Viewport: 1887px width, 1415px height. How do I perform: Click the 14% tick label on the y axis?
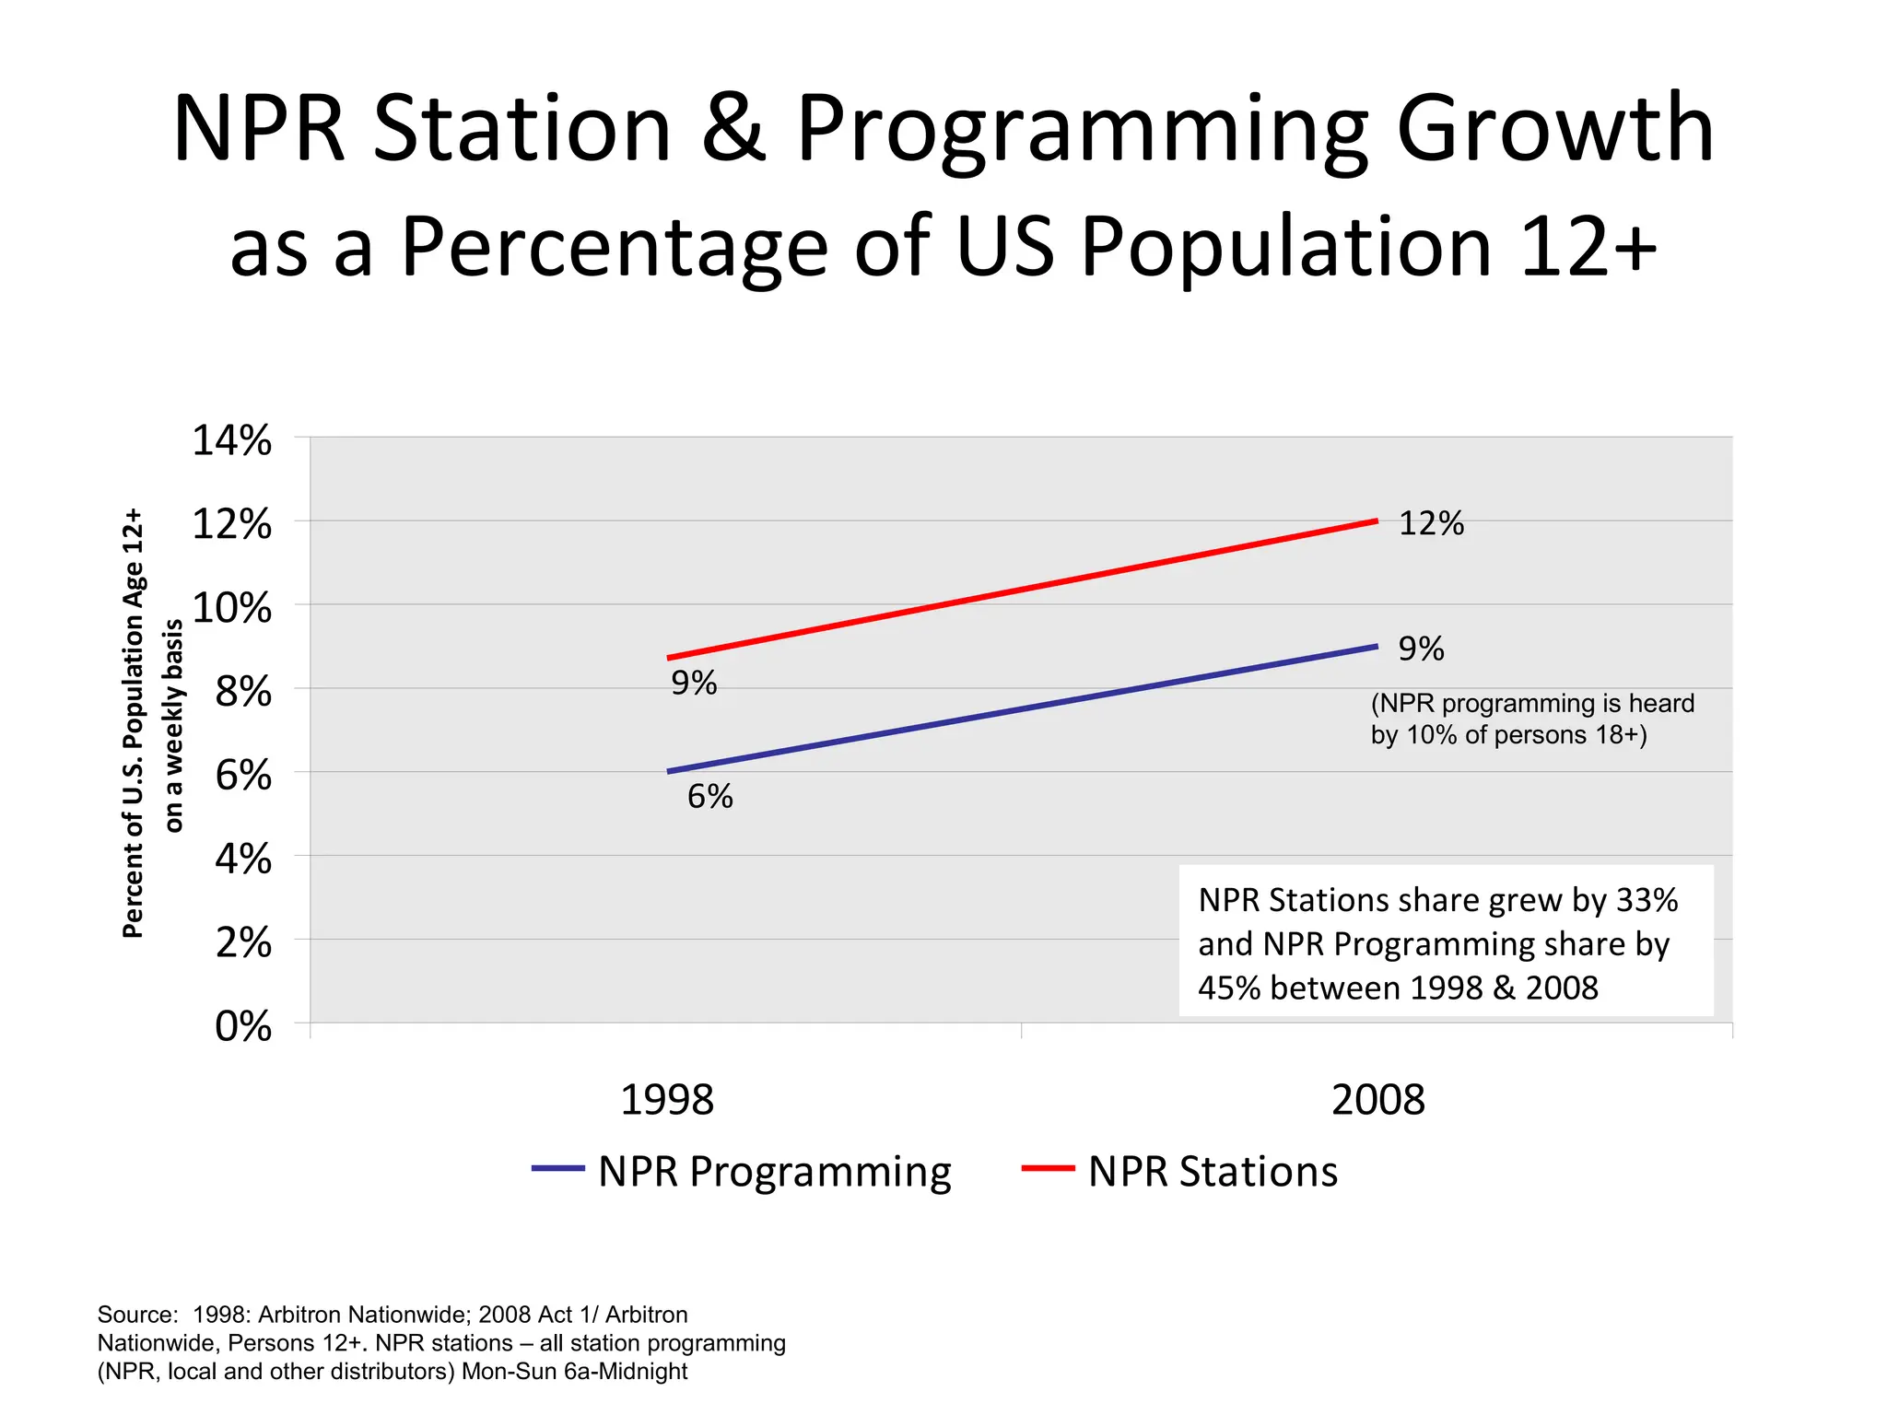click(x=231, y=440)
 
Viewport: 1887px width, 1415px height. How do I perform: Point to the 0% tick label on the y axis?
click(x=243, y=1026)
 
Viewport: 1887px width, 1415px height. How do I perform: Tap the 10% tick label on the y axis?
click(x=231, y=608)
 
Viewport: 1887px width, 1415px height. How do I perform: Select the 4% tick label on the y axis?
click(x=243, y=860)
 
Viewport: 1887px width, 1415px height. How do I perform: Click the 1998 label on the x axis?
click(x=667, y=1100)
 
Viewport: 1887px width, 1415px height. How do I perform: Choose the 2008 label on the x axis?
click(x=1377, y=1100)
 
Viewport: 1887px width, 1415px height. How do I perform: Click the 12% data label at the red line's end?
click(x=1431, y=523)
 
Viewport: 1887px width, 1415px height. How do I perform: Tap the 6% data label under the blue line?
click(x=710, y=797)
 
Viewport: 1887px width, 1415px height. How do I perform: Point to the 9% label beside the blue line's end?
click(x=1421, y=649)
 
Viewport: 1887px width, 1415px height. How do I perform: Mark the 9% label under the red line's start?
click(x=694, y=683)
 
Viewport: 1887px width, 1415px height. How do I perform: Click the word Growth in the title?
click(x=1554, y=129)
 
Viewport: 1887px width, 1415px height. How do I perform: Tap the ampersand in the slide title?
click(x=733, y=129)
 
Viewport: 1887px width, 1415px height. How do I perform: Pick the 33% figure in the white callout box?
click(x=1647, y=900)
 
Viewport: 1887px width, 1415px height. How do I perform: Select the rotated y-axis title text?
click(x=152, y=723)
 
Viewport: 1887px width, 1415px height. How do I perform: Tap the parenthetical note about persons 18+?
click(x=1531, y=719)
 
